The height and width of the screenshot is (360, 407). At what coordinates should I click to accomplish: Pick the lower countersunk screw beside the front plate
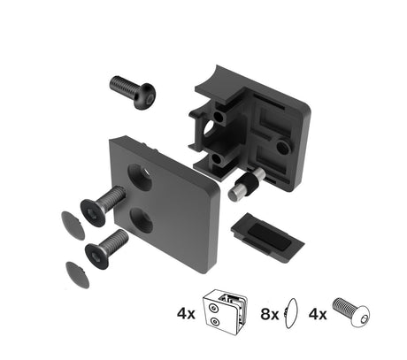[106, 248]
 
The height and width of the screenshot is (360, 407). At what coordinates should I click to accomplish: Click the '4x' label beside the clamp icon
[186, 312]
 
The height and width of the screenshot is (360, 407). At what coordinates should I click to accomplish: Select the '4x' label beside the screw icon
[317, 312]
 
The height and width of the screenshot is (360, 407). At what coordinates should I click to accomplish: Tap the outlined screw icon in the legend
[350, 312]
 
